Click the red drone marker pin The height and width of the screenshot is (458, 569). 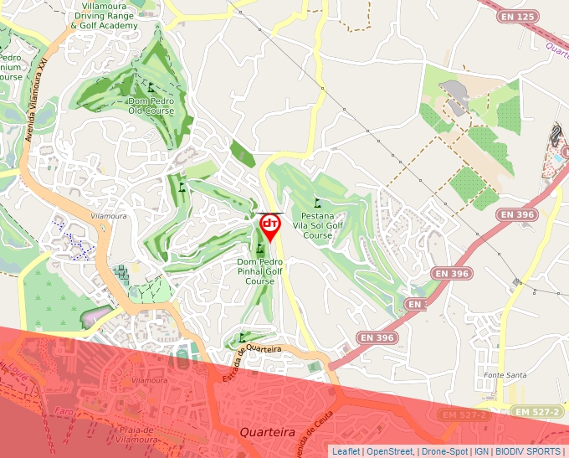pyautogui.click(x=270, y=226)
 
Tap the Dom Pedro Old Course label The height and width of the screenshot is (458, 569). pyautogui.click(x=151, y=105)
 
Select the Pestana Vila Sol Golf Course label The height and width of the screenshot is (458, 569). pyautogui.click(x=317, y=225)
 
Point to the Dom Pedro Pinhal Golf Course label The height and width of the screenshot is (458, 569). pyautogui.click(x=260, y=271)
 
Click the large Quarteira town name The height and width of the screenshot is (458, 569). pyautogui.click(x=268, y=432)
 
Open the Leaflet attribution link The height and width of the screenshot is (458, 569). pyautogui.click(x=346, y=451)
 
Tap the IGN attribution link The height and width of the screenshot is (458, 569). pyautogui.click(x=482, y=451)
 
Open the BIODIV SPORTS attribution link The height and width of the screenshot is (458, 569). pyautogui.click(x=528, y=451)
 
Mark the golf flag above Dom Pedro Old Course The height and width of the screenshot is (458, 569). pyautogui.click(x=151, y=86)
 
